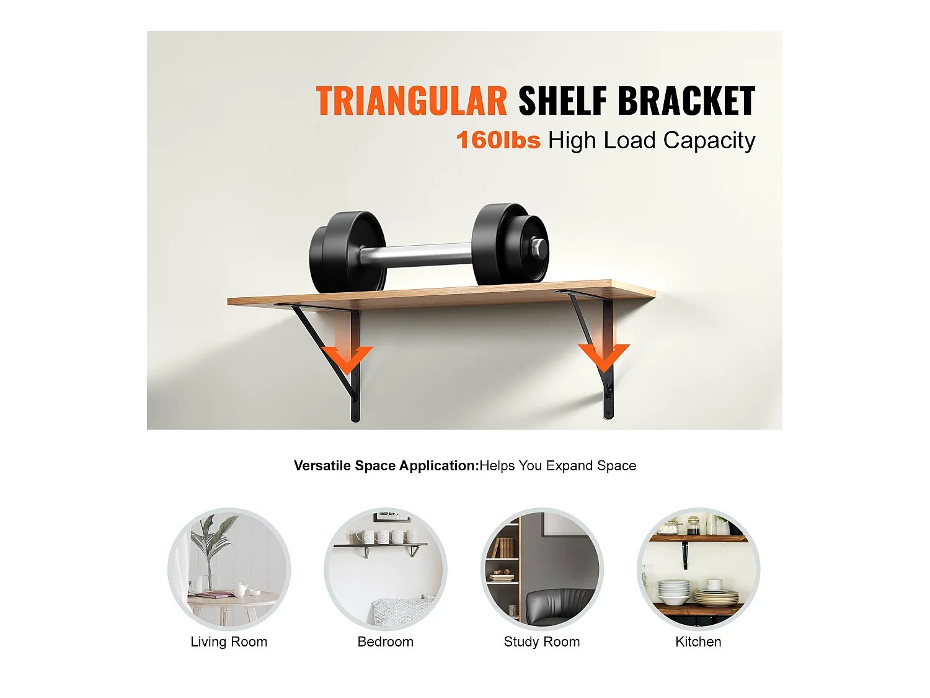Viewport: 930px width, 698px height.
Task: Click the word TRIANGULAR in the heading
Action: tap(412, 102)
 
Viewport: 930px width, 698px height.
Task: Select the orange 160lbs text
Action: tap(498, 140)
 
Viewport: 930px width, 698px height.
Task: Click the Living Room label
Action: tap(229, 642)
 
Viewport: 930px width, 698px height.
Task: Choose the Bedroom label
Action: tap(385, 642)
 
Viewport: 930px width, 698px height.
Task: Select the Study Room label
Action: tap(541, 642)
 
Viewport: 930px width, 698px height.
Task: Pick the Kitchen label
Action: tap(698, 642)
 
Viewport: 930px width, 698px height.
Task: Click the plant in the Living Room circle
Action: tap(211, 546)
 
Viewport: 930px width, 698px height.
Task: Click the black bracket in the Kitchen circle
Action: tap(685, 554)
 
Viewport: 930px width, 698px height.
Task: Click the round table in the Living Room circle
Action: tap(232, 601)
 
